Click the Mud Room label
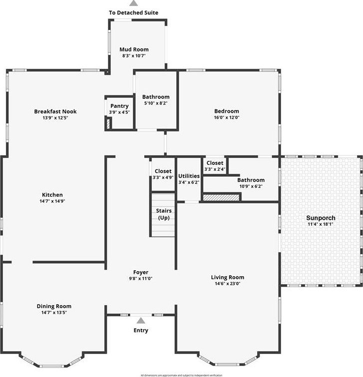[x=134, y=49]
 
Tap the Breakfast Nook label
[x=55, y=111]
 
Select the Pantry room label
[x=119, y=106]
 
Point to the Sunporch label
[x=321, y=218]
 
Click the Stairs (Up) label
[x=164, y=214]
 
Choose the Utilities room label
[x=189, y=176]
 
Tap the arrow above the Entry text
[x=141, y=321]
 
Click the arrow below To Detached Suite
[x=134, y=3]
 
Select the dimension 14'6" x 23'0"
[x=227, y=284]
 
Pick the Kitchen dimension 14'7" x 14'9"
[x=52, y=201]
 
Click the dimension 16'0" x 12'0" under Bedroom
[x=227, y=118]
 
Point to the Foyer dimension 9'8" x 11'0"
[x=141, y=279]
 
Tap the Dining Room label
[x=54, y=306]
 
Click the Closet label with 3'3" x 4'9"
[x=163, y=171]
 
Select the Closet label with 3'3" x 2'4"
[x=215, y=163]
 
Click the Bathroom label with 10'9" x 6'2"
[x=251, y=180]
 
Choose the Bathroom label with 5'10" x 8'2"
[x=156, y=97]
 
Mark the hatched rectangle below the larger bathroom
[x=221, y=197]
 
